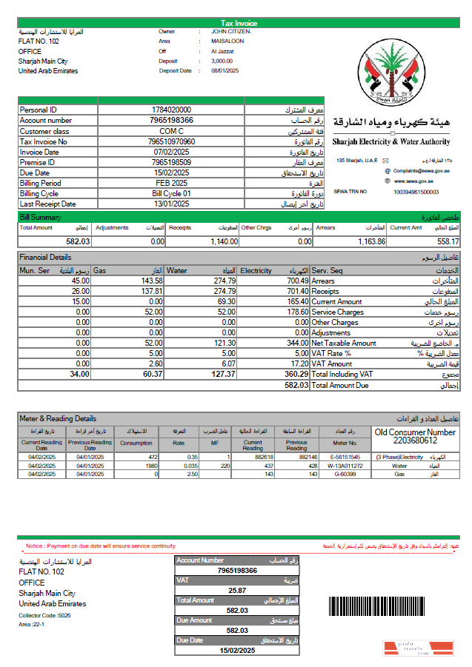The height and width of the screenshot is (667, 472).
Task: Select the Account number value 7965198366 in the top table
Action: click(x=171, y=120)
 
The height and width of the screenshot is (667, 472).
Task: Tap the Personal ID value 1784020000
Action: click(x=171, y=110)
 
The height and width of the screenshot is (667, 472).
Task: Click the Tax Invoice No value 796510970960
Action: click(x=171, y=141)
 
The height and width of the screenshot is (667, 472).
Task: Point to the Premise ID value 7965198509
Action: click(x=171, y=162)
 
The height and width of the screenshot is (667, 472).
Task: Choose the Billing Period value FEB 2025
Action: click(x=171, y=183)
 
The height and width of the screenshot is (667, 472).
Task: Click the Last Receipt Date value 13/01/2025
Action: click(x=171, y=204)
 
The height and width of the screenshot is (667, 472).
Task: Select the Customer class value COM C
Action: click(x=171, y=131)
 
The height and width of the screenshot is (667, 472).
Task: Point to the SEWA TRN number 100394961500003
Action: click(x=416, y=192)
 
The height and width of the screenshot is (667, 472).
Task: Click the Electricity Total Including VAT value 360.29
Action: click(x=296, y=375)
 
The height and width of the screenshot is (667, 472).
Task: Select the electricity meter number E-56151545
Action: click(x=345, y=457)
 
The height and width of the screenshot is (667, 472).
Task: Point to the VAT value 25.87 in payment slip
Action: click(x=237, y=591)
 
